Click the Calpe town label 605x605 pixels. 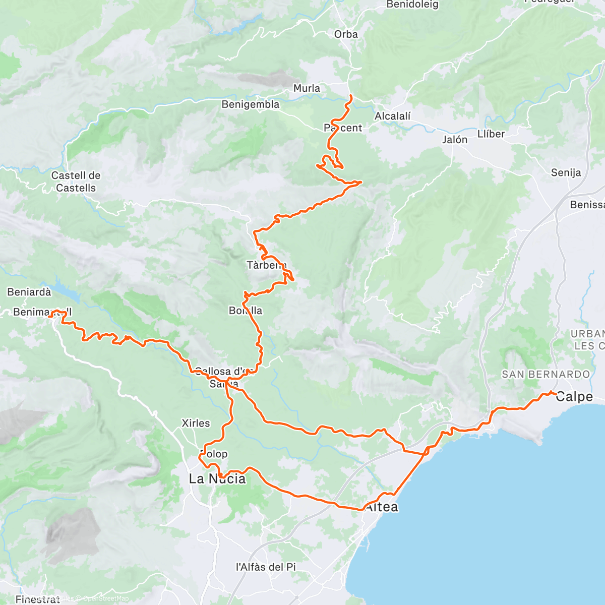pyautogui.click(x=574, y=397)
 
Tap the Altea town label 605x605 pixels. pyautogui.click(x=382, y=507)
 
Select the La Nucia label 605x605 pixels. pyautogui.click(x=217, y=478)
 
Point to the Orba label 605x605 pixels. pyautogui.click(x=346, y=34)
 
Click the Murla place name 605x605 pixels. pyautogui.click(x=307, y=88)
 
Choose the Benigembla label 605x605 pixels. pyautogui.click(x=251, y=104)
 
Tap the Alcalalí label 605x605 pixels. pyautogui.click(x=393, y=116)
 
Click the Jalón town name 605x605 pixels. pyautogui.click(x=455, y=140)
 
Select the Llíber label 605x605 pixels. pyautogui.click(x=491, y=134)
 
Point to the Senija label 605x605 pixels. pyautogui.click(x=566, y=172)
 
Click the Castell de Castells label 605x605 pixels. pyautogui.click(x=76, y=181)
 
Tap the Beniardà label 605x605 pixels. pyautogui.click(x=29, y=292)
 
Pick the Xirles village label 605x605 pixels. pyautogui.click(x=196, y=423)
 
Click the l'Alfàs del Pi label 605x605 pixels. pyautogui.click(x=266, y=567)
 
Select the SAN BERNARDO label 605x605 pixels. pyautogui.click(x=546, y=374)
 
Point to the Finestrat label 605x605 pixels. pyautogui.click(x=37, y=599)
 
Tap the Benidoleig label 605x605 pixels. pyautogui.click(x=412, y=5)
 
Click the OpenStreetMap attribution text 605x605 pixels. pyautogui.click(x=106, y=598)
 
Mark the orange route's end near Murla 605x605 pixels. pyautogui.click(x=350, y=96)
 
